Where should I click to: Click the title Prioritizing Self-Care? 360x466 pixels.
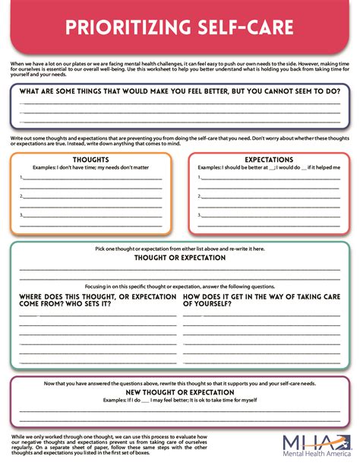coord(180,29)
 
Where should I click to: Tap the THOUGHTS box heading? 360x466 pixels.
coord(90,160)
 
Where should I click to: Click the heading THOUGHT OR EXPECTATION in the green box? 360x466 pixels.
coord(180,258)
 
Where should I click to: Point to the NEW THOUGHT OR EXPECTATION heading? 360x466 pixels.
coord(180,392)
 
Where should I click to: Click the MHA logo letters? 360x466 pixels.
coord(308,442)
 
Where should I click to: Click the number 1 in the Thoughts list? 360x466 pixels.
coord(21,178)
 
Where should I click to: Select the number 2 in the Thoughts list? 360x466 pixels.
coord(21,196)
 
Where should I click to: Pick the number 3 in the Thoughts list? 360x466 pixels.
coord(21,215)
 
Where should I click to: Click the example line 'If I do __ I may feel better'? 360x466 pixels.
coord(180,400)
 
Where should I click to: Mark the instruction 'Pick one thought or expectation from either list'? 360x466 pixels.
coord(180,249)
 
